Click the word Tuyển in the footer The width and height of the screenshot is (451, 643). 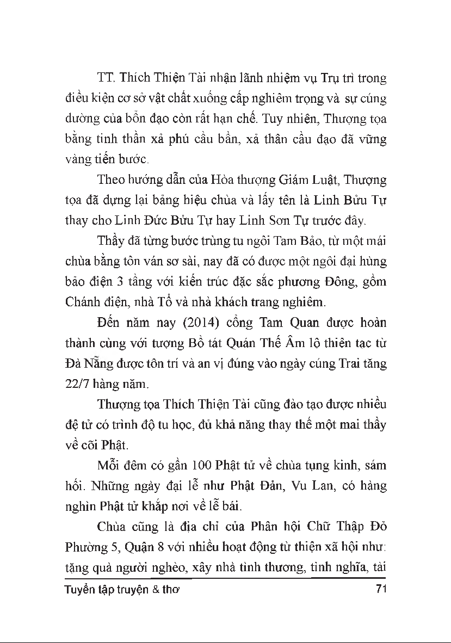point(79,590)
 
